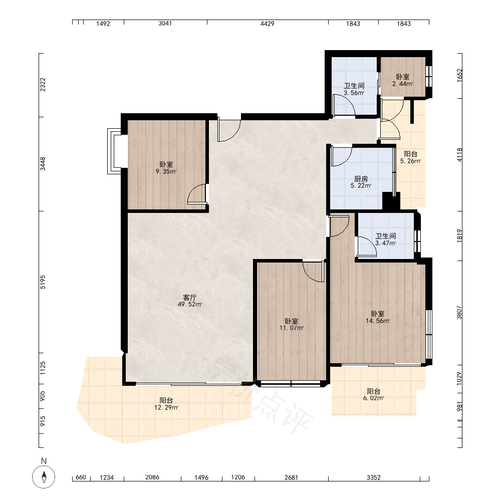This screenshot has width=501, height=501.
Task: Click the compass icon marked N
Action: tap(44, 477)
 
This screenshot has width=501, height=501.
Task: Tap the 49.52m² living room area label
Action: tap(190, 301)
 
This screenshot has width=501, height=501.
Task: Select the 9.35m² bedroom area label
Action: tap(166, 168)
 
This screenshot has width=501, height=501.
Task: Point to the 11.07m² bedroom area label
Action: tap(292, 324)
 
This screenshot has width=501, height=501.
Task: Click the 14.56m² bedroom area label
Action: tap(378, 317)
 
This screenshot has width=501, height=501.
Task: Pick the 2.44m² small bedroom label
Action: tap(403, 80)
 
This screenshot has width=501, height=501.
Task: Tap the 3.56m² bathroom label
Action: tap(354, 89)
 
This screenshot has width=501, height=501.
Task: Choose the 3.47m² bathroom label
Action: tap(386, 239)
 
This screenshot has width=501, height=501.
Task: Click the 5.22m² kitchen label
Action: tap(361, 182)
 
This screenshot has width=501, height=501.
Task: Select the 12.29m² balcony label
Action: tap(166, 404)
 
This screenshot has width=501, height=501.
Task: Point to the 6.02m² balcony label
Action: tap(374, 395)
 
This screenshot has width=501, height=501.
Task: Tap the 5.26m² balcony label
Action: tap(411, 157)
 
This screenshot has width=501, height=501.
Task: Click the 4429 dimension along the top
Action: tap(268, 24)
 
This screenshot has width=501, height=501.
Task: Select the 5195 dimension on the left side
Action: tap(43, 282)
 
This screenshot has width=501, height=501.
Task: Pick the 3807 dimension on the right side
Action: tap(459, 313)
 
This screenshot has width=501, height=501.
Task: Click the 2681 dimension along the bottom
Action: tap(291, 477)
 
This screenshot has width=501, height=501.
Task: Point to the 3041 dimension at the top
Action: tap(165, 24)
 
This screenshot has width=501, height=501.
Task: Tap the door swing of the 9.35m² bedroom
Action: tap(196, 193)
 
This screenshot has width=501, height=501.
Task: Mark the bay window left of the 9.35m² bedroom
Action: tap(114, 151)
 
